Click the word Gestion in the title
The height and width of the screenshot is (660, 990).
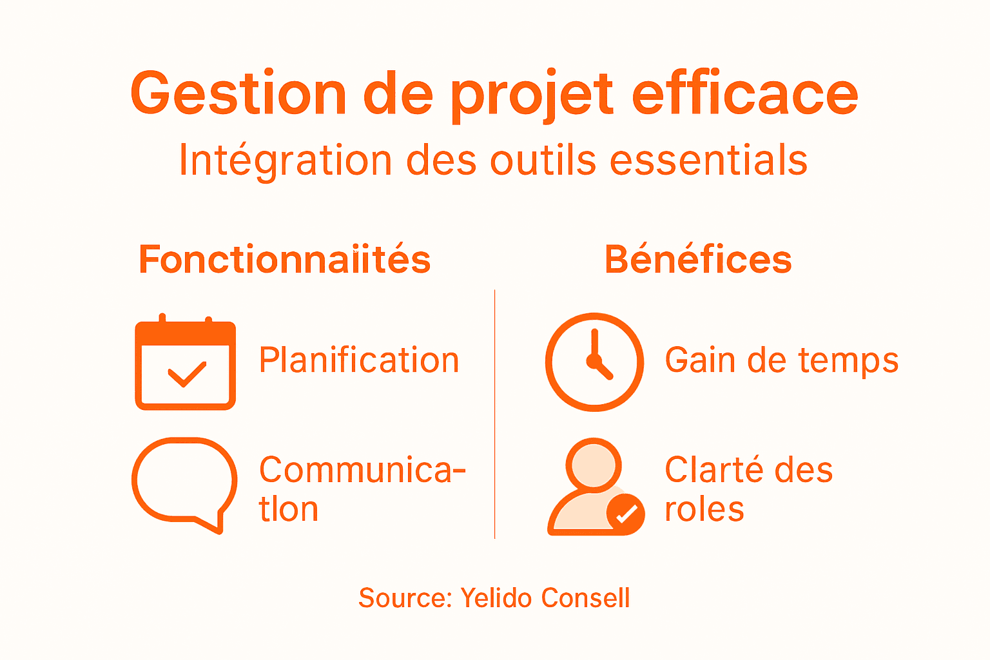238,94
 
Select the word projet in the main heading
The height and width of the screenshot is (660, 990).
532,97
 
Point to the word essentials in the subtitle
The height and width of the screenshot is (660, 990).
708,160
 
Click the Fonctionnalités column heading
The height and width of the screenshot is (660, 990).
284,260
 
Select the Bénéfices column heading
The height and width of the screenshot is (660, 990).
698,260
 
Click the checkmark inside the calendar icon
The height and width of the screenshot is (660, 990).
186,374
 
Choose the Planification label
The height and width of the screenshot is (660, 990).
359,360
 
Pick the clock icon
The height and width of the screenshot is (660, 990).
594,362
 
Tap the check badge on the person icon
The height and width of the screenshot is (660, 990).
626,514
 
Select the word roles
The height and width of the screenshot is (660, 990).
704,509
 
